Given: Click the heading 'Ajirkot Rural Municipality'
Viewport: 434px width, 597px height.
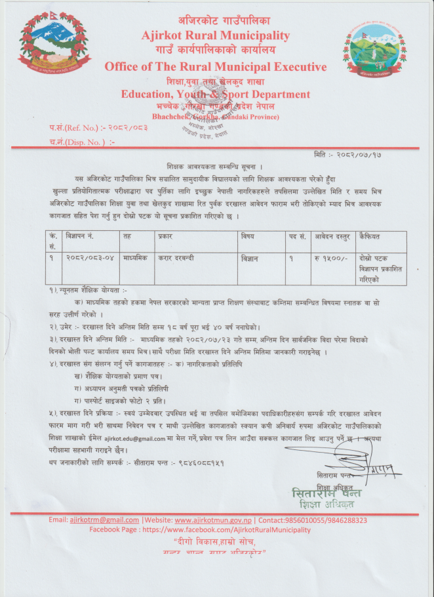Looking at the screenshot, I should (x=215, y=35).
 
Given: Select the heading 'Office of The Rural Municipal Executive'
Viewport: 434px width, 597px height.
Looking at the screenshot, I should (x=215, y=67).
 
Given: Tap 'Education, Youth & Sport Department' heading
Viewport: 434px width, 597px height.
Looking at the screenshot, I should (x=215, y=94).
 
